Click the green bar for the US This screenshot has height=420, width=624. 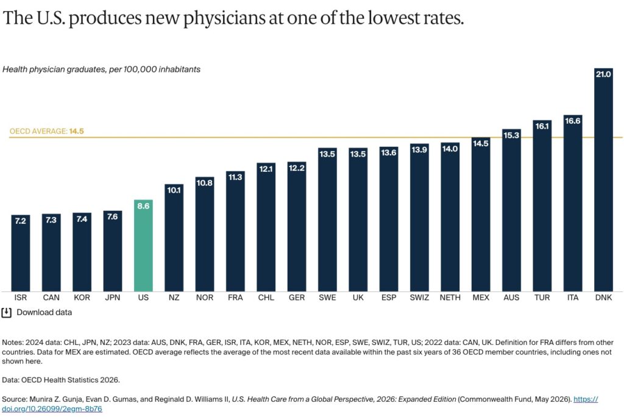click(x=143, y=245)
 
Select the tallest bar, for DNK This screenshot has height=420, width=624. click(x=603, y=180)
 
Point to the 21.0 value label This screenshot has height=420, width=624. click(x=603, y=74)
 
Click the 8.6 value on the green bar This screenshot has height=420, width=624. click(x=143, y=206)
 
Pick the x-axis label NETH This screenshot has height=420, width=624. click(x=450, y=297)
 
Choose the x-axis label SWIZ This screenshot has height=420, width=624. click(x=419, y=297)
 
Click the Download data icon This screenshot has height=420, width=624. click(x=6, y=313)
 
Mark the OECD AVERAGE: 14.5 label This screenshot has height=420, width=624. click(x=46, y=131)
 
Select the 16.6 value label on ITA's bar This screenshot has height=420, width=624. click(x=573, y=121)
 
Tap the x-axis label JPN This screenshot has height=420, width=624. click(x=113, y=297)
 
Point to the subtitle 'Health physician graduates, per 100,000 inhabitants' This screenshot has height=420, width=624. click(x=102, y=69)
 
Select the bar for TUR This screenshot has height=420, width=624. click(x=542, y=206)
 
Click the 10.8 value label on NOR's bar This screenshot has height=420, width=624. click(x=205, y=183)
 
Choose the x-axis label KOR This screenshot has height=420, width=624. click(x=82, y=297)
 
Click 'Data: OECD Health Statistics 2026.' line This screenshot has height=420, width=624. click(x=61, y=380)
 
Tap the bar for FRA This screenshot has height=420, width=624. click(x=235, y=231)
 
